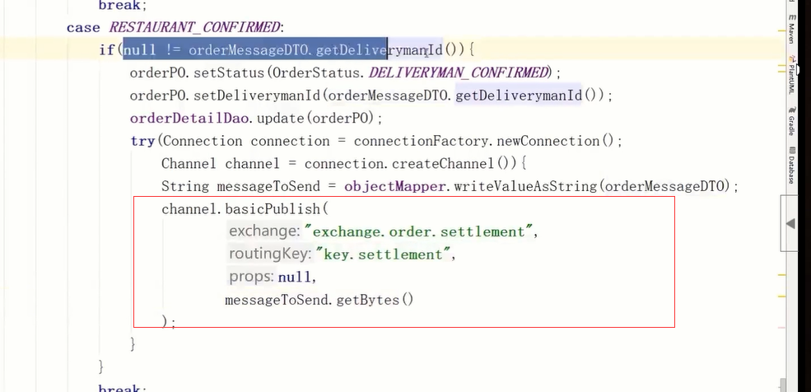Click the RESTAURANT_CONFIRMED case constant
click(196, 27)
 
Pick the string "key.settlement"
click(384, 254)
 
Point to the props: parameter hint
click(252, 278)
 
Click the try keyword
click(142, 141)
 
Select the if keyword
click(107, 50)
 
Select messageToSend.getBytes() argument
click(319, 300)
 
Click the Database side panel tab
click(791, 165)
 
